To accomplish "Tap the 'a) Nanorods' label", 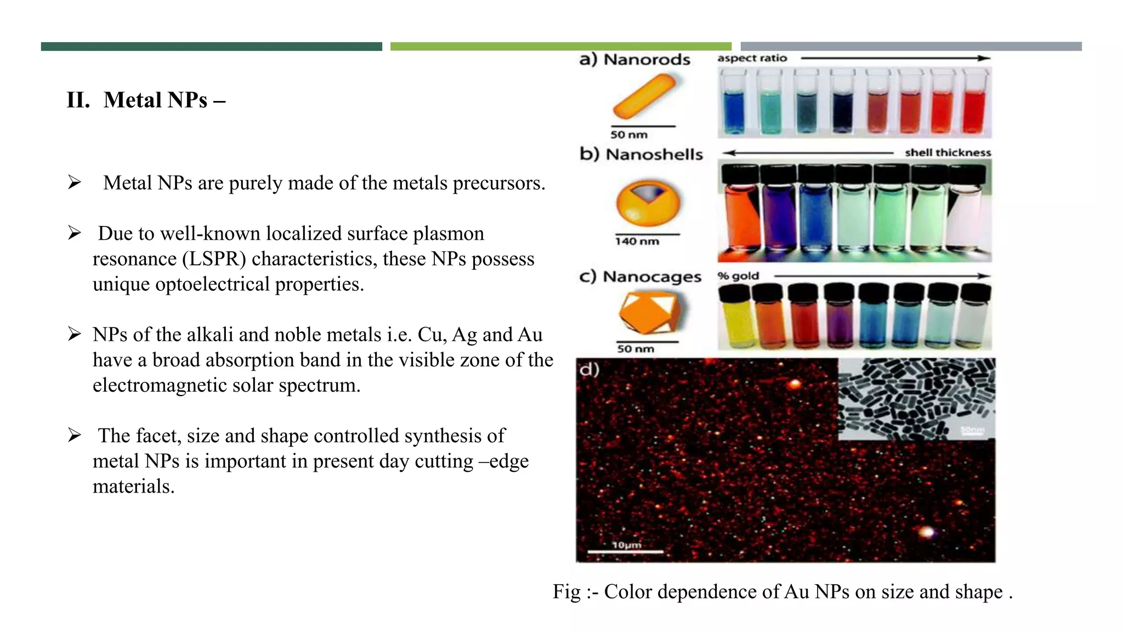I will point(634,59).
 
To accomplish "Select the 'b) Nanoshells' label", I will point(641,154).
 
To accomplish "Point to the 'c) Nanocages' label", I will point(640,276).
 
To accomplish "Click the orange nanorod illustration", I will point(644,97).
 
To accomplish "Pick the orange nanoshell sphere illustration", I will point(648,202).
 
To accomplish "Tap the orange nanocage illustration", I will point(649,312).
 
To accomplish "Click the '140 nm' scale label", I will point(637,241).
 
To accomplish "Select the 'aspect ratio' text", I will point(752,58).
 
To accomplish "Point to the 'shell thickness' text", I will point(948,153).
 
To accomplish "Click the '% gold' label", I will point(738,276).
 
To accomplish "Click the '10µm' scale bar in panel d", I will point(626,548).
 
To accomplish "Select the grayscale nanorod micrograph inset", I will point(916,399).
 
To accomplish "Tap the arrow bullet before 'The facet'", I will point(75,436).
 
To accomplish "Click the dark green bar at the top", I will point(211,47).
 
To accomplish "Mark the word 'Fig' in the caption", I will point(566,592).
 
